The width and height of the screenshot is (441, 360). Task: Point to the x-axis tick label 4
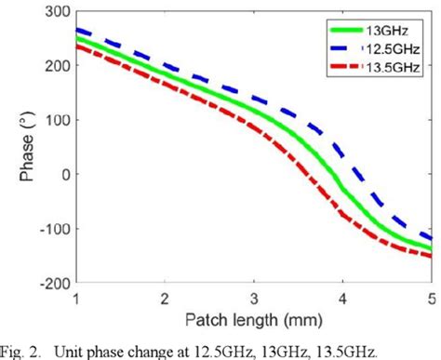pos(343,297)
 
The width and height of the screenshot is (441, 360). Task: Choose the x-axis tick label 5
pos(432,297)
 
